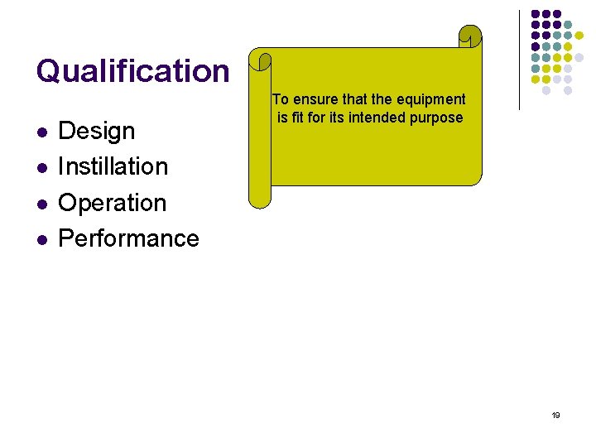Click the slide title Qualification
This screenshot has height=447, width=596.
(x=132, y=71)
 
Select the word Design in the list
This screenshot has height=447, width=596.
(x=97, y=131)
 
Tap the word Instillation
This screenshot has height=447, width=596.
(x=113, y=166)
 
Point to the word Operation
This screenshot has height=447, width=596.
(x=113, y=203)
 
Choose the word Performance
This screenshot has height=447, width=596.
(x=129, y=238)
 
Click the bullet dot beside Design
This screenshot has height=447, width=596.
(x=41, y=132)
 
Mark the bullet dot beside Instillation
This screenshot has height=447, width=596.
(x=41, y=168)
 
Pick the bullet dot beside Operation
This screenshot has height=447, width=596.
(x=41, y=204)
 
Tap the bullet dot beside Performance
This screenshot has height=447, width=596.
(x=41, y=240)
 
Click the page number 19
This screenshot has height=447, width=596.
(x=555, y=416)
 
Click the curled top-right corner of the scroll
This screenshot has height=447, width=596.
(x=470, y=36)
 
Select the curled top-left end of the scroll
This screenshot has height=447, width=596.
(x=262, y=62)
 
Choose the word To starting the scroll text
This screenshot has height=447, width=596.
(x=281, y=100)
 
